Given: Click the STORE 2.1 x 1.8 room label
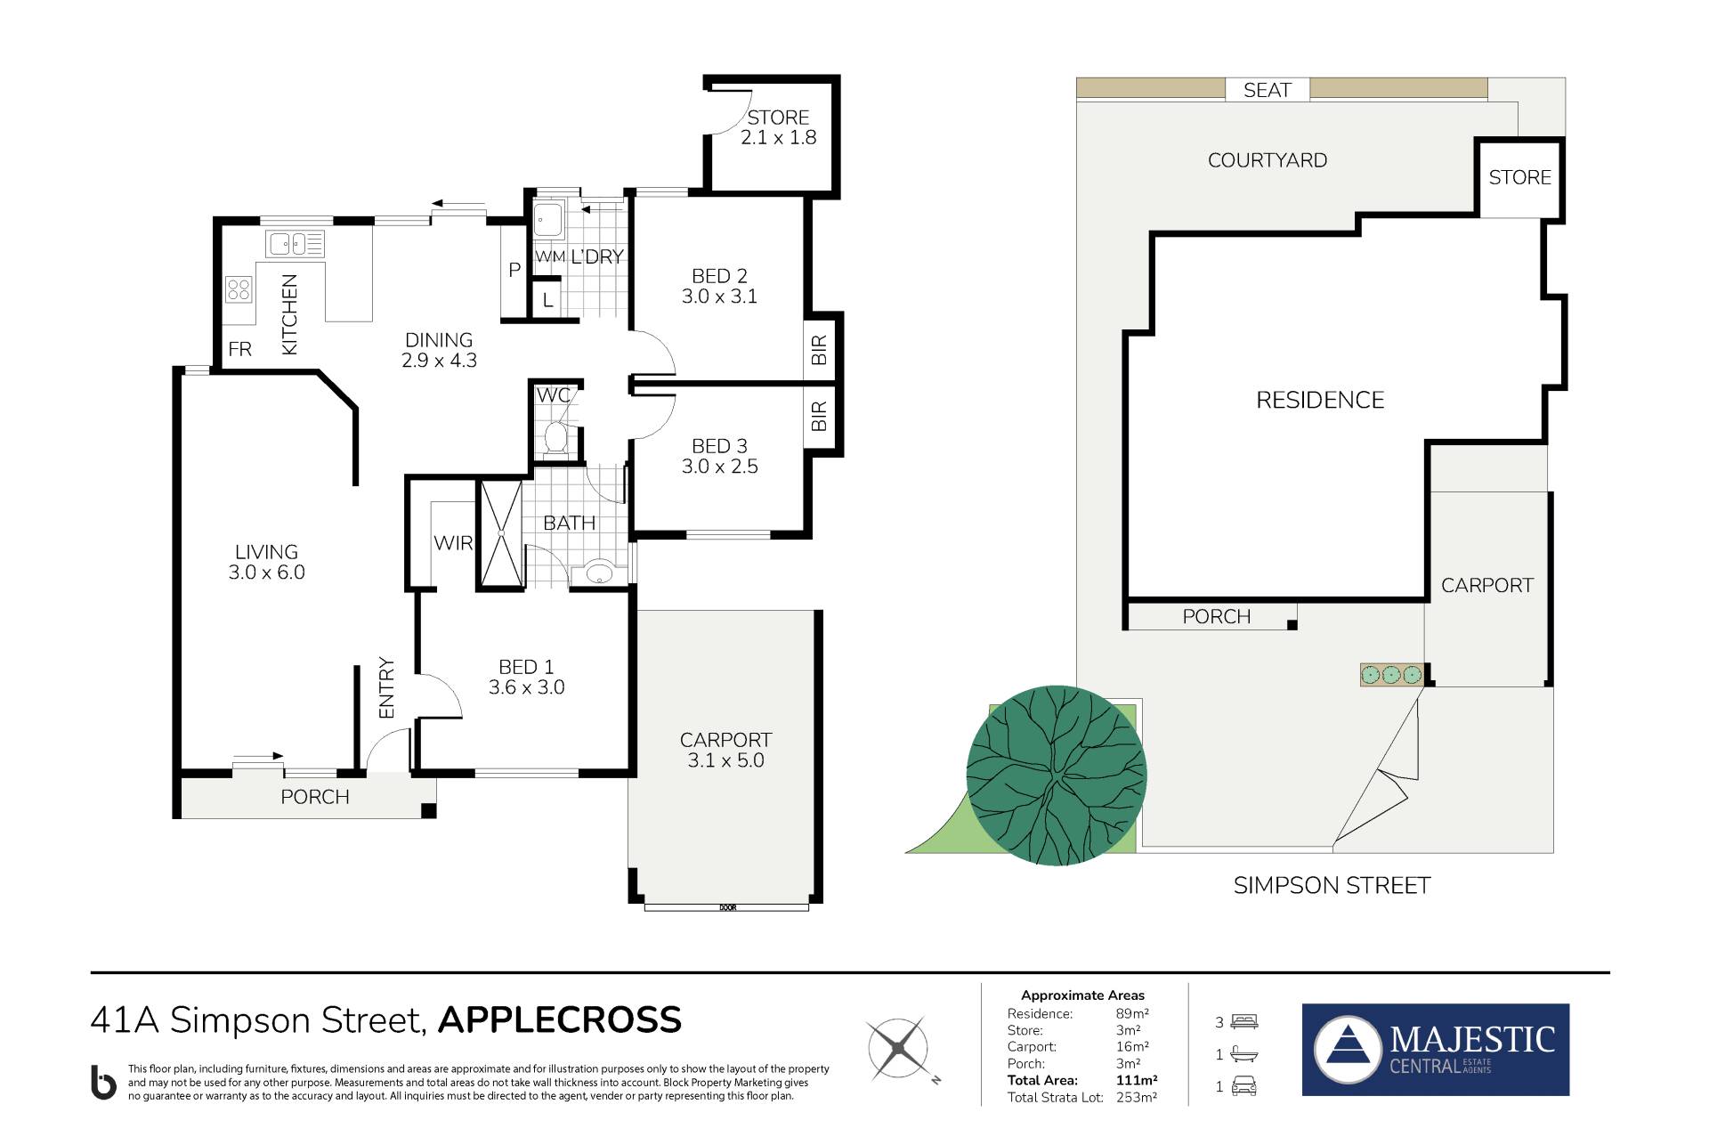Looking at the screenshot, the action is pyautogui.click(x=779, y=127).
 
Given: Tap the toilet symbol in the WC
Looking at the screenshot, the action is pyautogui.click(x=555, y=437).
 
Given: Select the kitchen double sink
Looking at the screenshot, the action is pyautogui.click(x=295, y=242).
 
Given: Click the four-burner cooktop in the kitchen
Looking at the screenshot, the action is pyautogui.click(x=239, y=288).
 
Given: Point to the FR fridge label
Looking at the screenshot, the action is pyautogui.click(x=240, y=349).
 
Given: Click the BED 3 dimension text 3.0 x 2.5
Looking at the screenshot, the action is pyautogui.click(x=720, y=467).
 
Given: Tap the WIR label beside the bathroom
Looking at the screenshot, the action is pyautogui.click(x=453, y=542).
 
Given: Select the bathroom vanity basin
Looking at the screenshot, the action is pyautogui.click(x=599, y=573).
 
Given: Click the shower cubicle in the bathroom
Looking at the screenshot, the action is pyautogui.click(x=501, y=533).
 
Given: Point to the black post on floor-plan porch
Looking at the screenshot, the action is pyautogui.click(x=428, y=810).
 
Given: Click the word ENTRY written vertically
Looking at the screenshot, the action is pyautogui.click(x=386, y=687).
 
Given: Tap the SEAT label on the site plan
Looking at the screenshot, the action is pyautogui.click(x=1267, y=90).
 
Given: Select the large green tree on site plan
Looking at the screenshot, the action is pyautogui.click(x=1057, y=776).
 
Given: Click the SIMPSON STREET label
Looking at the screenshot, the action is pyautogui.click(x=1332, y=886).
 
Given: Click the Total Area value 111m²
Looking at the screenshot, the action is pyautogui.click(x=1137, y=1080).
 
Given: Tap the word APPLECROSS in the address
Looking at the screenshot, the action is pyautogui.click(x=560, y=1020).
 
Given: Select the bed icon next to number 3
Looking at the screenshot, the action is pyautogui.click(x=1243, y=1022).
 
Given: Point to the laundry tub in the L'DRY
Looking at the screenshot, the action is pyautogui.click(x=547, y=219).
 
